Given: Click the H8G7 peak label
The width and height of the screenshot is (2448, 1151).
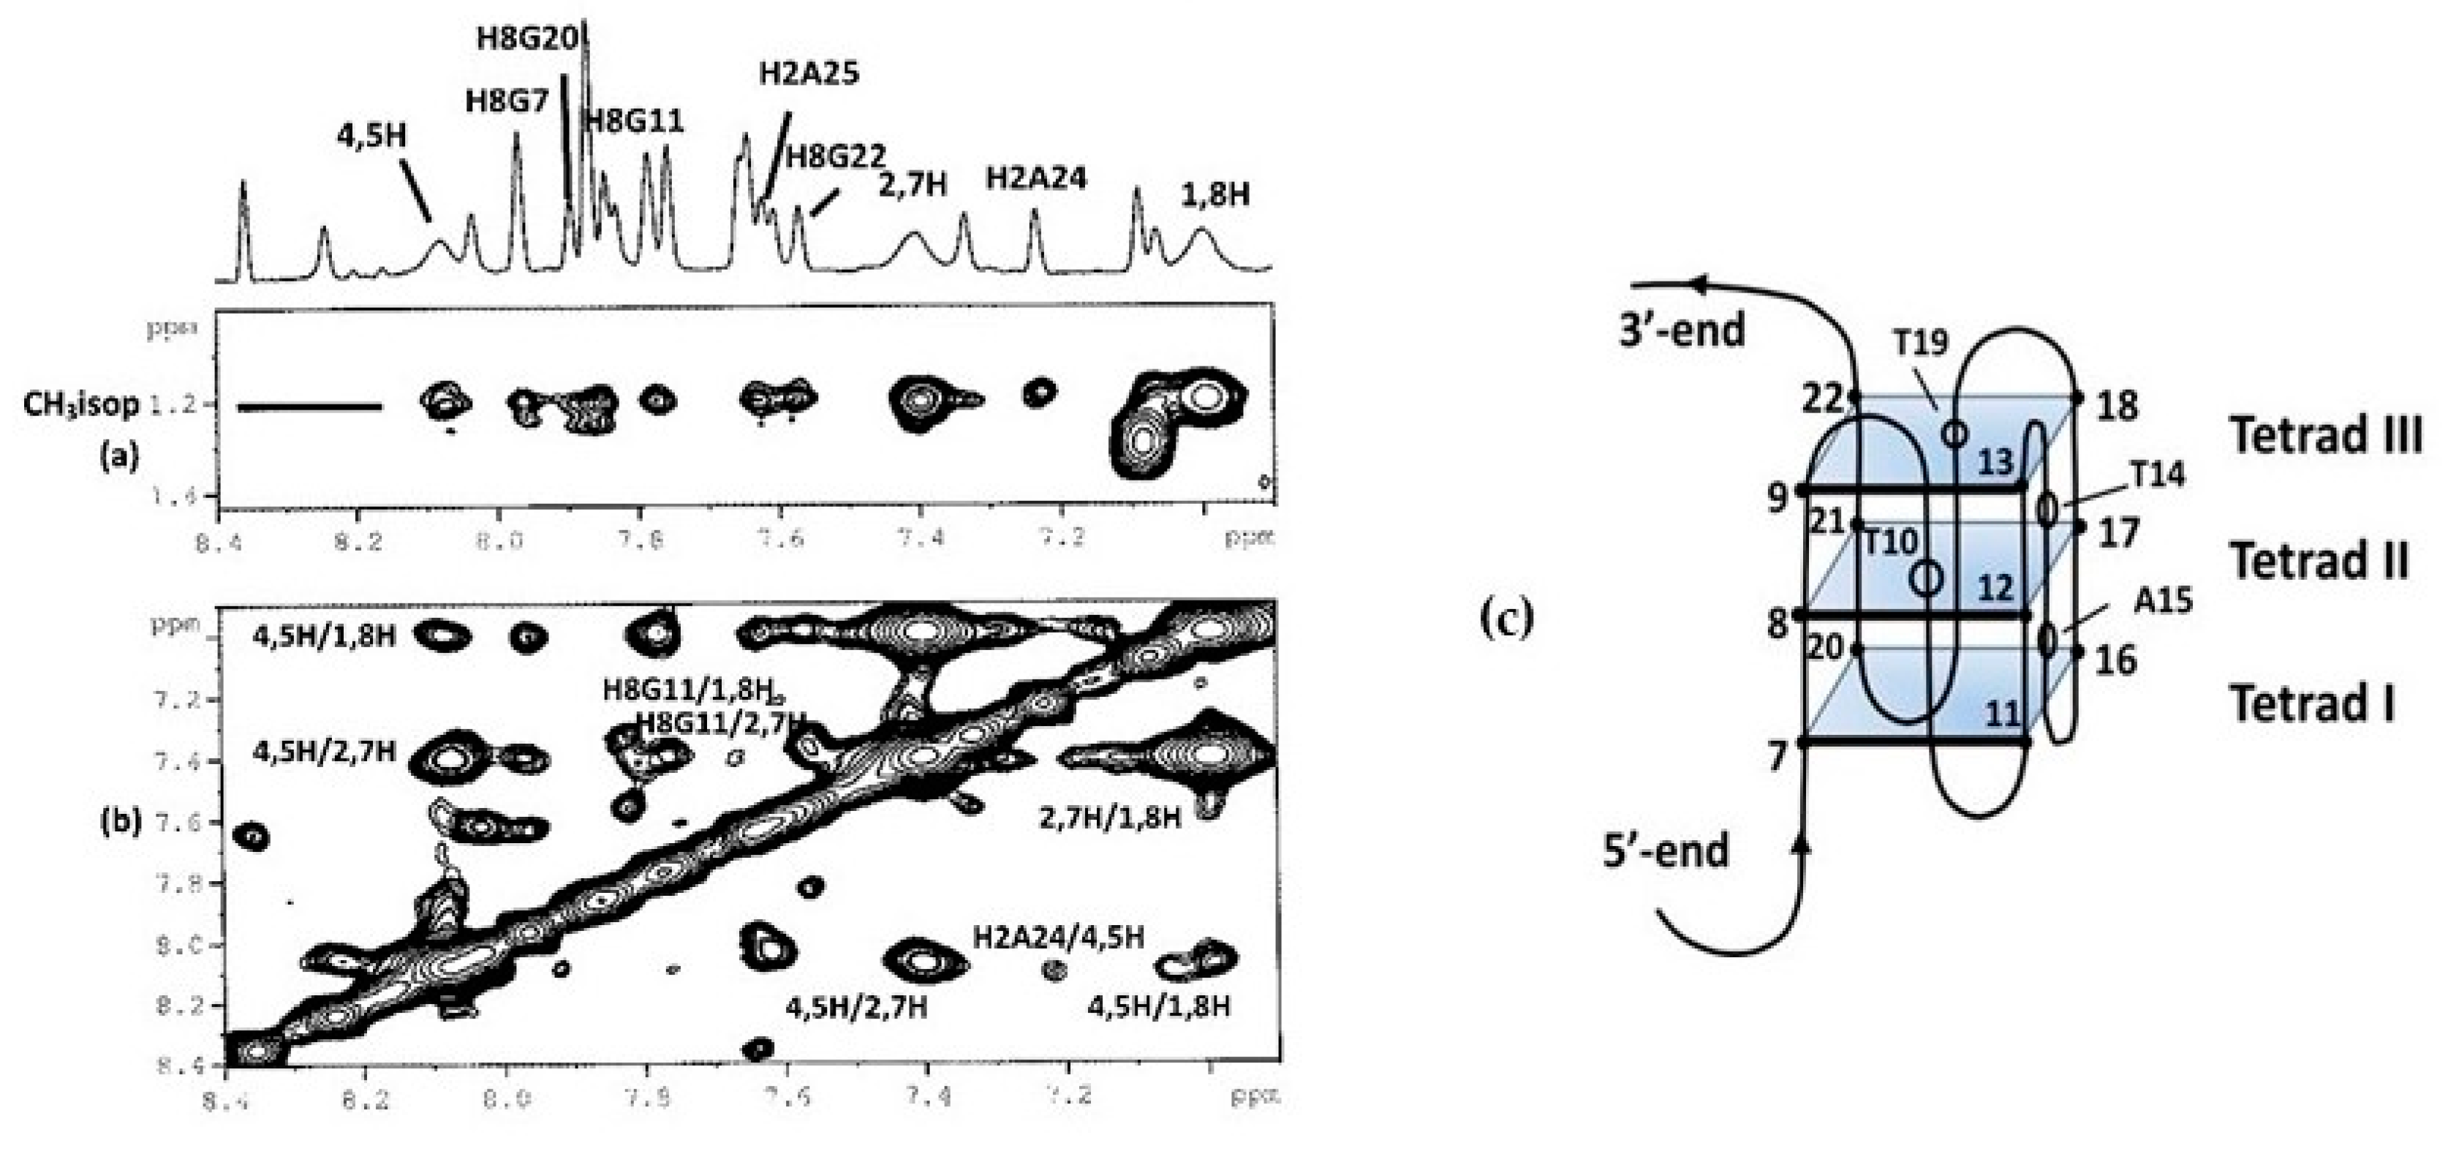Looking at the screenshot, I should pyautogui.click(x=507, y=101).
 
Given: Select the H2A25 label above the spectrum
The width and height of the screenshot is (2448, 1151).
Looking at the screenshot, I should pyautogui.click(x=809, y=73).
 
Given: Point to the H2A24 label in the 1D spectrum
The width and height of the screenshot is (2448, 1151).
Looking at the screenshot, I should pyautogui.click(x=1036, y=178).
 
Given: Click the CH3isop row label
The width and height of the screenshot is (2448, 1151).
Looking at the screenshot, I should pyautogui.click(x=80, y=404).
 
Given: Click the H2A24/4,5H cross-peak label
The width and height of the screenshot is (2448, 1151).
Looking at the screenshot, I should pyautogui.click(x=1058, y=937).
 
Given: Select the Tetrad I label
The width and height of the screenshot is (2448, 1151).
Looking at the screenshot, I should pyautogui.click(x=2312, y=704).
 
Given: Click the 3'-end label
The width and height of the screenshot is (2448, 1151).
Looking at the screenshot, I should pyautogui.click(x=1682, y=330).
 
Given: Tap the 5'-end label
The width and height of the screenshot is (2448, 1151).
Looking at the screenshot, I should pyautogui.click(x=1666, y=850).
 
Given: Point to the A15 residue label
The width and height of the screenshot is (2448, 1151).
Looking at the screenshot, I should pyautogui.click(x=2163, y=600).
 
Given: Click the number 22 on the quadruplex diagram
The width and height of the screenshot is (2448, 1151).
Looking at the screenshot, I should pyautogui.click(x=1822, y=399).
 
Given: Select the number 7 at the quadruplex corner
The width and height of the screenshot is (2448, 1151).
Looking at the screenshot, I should pyautogui.click(x=1777, y=758).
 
